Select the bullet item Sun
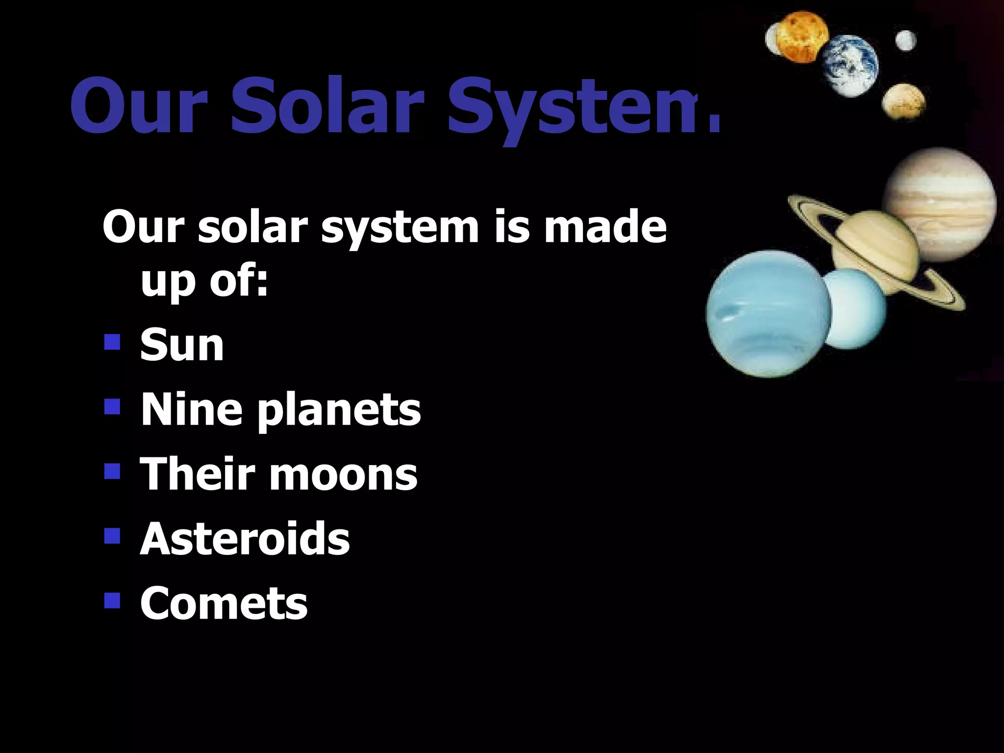pyautogui.click(x=182, y=346)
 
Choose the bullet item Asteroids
pyautogui.click(x=245, y=539)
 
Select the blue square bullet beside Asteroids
pyautogui.click(x=112, y=535)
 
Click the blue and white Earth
pyautogui.click(x=850, y=65)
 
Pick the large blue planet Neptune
pyautogui.click(x=768, y=314)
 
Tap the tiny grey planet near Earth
pyautogui.click(x=905, y=41)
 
